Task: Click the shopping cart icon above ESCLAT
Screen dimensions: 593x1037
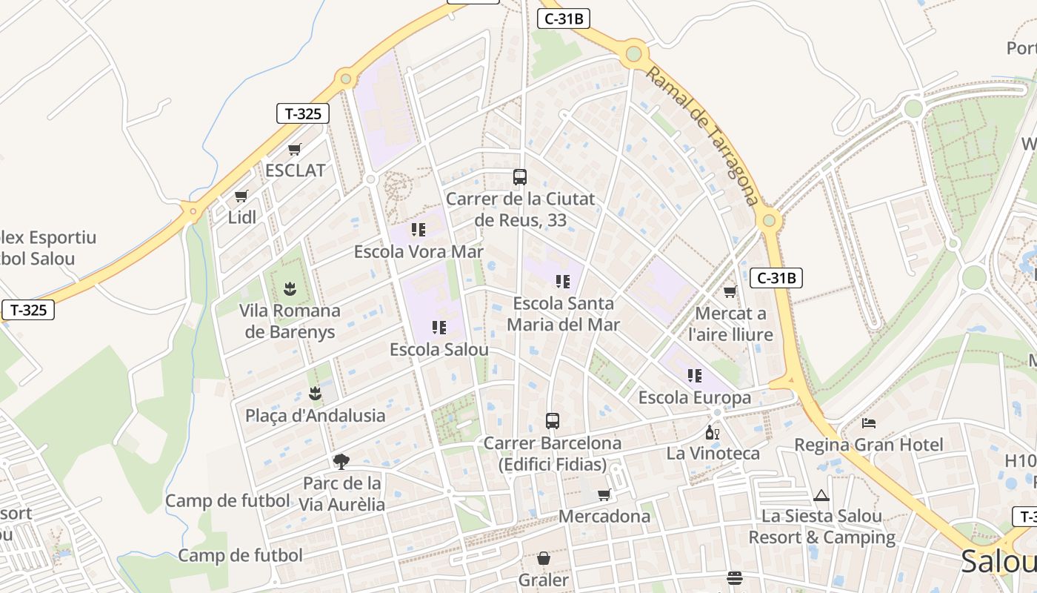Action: [295, 149]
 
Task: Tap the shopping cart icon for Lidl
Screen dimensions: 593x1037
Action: [241, 196]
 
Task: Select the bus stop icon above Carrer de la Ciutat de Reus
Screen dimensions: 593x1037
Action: [520, 177]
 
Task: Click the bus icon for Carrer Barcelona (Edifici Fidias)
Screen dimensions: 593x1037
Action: [553, 421]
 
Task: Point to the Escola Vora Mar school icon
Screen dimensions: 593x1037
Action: [419, 230]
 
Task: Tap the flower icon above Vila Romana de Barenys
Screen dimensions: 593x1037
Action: [290, 288]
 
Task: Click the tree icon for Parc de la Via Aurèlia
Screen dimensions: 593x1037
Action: [341, 462]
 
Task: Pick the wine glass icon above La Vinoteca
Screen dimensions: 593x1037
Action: [713, 432]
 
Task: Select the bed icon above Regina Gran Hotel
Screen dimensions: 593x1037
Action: [869, 423]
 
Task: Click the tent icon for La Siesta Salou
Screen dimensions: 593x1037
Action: [821, 495]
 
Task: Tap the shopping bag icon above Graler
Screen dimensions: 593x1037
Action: [544, 558]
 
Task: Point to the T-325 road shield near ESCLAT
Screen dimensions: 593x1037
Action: [303, 113]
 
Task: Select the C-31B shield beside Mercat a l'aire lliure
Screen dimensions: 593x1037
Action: [776, 278]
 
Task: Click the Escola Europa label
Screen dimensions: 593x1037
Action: [695, 397]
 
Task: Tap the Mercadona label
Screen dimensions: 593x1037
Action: [604, 516]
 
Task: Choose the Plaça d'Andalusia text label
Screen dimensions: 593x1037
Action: [316, 415]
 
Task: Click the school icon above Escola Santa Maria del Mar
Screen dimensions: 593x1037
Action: [563, 282]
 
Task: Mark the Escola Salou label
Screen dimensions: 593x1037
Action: [439, 349]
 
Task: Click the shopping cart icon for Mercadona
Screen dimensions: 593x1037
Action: [604, 494]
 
